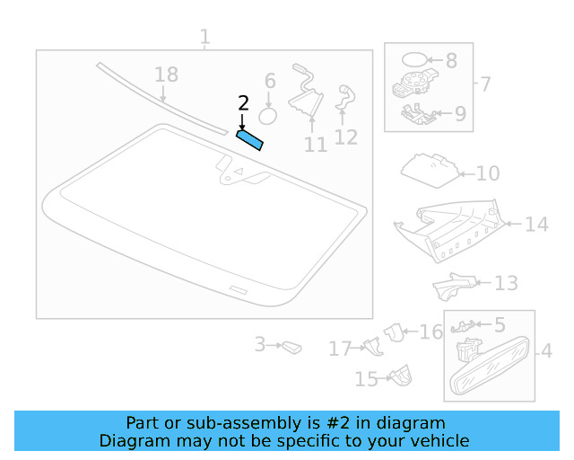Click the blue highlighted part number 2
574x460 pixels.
[249, 140]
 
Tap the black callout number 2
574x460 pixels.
[243, 103]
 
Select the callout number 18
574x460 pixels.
[167, 75]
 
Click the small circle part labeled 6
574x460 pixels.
[267, 117]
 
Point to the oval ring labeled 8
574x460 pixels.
[414, 59]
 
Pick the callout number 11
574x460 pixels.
[316, 144]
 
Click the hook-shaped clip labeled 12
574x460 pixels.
[345, 97]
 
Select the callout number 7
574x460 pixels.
[484, 84]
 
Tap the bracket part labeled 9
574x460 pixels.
[419, 114]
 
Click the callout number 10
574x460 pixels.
[488, 173]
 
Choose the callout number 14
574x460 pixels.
[536, 224]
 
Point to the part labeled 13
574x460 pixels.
[454, 287]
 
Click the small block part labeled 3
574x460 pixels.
[291, 347]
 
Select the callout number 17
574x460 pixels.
[341, 349]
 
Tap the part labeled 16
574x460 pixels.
[394, 332]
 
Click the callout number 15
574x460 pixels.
[367, 379]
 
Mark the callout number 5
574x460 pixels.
[500, 325]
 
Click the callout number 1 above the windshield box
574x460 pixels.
[205, 37]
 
